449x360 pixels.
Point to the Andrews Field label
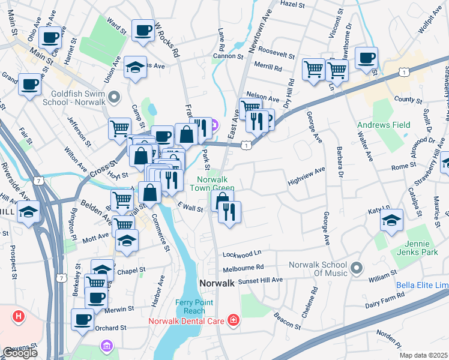[x=384, y=125]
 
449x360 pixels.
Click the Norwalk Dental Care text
[x=187, y=322]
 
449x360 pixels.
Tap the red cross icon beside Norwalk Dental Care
[x=233, y=322]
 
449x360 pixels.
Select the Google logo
[x=20, y=352]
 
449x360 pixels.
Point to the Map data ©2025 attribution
[x=423, y=355]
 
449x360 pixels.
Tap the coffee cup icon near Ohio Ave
[x=50, y=37]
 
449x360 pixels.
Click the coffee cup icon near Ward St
[x=143, y=31]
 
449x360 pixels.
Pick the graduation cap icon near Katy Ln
[x=391, y=221]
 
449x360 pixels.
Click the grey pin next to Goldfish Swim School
[x=115, y=97]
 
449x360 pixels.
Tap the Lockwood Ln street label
[x=243, y=254]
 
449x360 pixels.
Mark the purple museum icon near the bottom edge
[x=107, y=346]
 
